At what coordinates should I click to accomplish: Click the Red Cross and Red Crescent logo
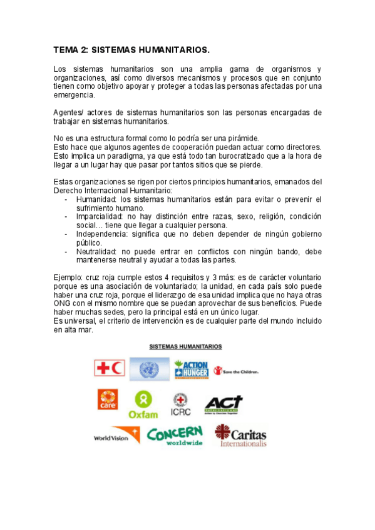(110, 368)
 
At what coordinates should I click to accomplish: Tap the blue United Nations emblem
(149, 369)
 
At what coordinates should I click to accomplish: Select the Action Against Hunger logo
(191, 369)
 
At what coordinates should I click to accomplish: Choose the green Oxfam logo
(143, 404)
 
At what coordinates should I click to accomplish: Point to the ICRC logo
(181, 404)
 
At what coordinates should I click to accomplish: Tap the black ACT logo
(223, 403)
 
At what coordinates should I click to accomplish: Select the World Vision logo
(116, 437)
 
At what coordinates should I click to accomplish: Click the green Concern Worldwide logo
(175, 435)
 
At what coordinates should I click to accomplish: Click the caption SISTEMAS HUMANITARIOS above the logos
(185, 346)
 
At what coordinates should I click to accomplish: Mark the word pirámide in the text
(241, 138)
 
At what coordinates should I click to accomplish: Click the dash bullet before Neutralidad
(66, 251)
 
